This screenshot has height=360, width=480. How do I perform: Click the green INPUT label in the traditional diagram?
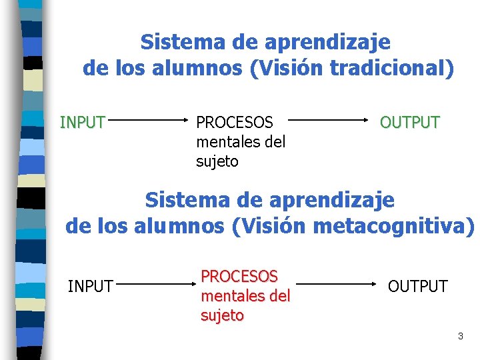tap(83, 123)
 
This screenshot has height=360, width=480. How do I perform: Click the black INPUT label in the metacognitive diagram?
tap(91, 287)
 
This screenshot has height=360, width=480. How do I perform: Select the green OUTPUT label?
tap(410, 123)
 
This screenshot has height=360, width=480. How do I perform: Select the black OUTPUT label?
tap(418, 287)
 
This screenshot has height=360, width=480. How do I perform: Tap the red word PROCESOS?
tap(239, 276)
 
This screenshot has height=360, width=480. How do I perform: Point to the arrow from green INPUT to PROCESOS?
tap(147, 121)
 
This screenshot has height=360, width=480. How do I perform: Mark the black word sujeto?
tap(217, 161)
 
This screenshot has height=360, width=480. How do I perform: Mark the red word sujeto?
tap(223, 315)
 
